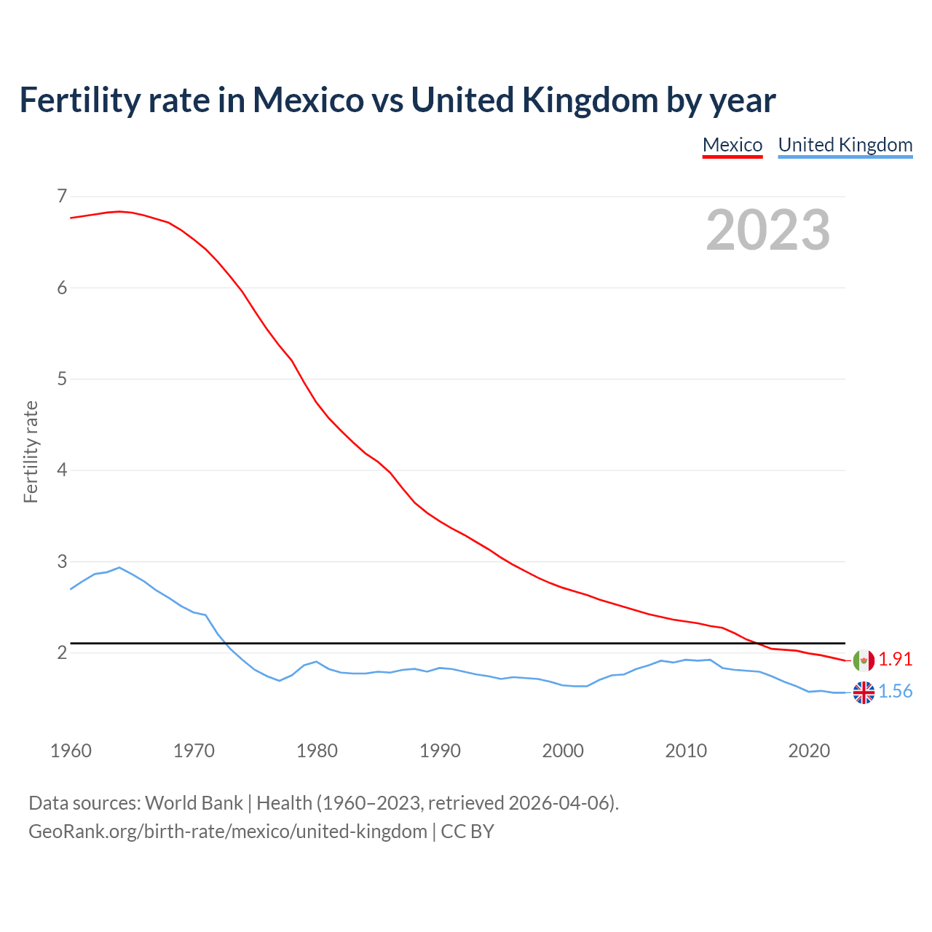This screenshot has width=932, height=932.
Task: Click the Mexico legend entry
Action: pyautogui.click(x=732, y=145)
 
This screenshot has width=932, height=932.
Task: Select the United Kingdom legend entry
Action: pyautogui.click(x=845, y=145)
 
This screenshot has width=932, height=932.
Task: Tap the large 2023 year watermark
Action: pyautogui.click(x=767, y=230)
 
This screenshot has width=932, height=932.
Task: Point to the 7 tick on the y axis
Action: pyautogui.click(x=62, y=196)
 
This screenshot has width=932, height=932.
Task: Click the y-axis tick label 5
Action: pyautogui.click(x=62, y=379)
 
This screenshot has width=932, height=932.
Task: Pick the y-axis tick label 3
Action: pyautogui.click(x=62, y=561)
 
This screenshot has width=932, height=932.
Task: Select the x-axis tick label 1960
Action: pyautogui.click(x=71, y=751)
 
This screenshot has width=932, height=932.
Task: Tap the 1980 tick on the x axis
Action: pyautogui.click(x=317, y=751)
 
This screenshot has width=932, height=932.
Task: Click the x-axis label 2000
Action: pyautogui.click(x=563, y=751)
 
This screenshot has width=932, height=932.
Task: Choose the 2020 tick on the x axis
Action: pyautogui.click(x=809, y=751)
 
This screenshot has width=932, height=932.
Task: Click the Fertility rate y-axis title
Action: pyautogui.click(x=31, y=451)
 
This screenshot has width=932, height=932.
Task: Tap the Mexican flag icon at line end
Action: pyautogui.click(x=864, y=660)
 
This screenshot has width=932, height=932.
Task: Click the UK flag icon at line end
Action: pyautogui.click(x=864, y=692)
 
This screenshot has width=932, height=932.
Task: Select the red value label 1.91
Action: pyautogui.click(x=895, y=660)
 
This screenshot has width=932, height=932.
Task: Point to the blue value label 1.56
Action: pyautogui.click(x=895, y=692)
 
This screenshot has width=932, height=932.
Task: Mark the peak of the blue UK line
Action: pyautogui.click(x=119, y=567)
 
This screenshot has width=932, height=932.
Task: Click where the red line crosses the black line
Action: pyautogui.click(x=758, y=644)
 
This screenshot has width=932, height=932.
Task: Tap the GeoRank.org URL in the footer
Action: pyautogui.click(x=228, y=832)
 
